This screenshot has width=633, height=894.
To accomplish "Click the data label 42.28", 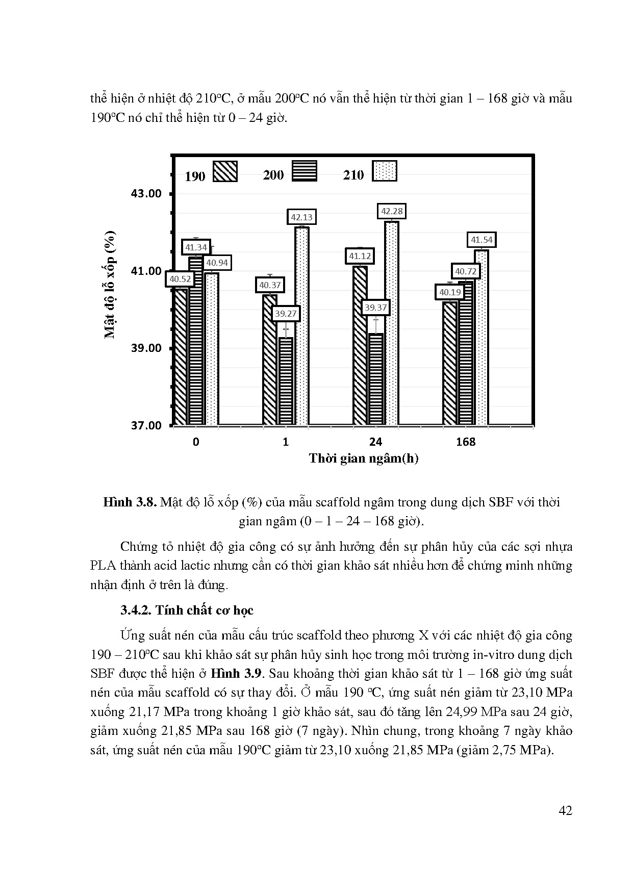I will point(392,211).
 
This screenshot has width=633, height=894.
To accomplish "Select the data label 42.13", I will point(301,217).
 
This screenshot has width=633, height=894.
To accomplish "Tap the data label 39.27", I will point(286,314).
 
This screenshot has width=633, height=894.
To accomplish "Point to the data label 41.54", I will point(482,240).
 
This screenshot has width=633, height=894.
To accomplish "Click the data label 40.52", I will point(180,279).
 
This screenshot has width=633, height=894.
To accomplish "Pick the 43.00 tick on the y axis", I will point(146,194).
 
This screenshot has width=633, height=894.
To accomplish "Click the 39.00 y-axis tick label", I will point(146,348).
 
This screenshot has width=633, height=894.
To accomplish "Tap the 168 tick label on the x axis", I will point(466,442).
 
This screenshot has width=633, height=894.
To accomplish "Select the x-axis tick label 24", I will point(376,442).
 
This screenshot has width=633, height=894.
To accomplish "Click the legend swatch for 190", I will point(225,172).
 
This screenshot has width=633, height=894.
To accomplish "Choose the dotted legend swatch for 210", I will point(385,171).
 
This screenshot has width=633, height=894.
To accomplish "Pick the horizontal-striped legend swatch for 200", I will point(305,171).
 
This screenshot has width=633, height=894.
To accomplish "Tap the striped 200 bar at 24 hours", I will point(376,380).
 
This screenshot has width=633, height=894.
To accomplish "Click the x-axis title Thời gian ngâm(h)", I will point(363,458).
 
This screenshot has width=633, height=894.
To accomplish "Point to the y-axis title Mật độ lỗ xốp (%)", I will point(110,284).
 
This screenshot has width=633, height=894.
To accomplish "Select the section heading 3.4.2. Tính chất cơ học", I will point(187,610).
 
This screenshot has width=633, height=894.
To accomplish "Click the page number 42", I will point(565,810).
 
